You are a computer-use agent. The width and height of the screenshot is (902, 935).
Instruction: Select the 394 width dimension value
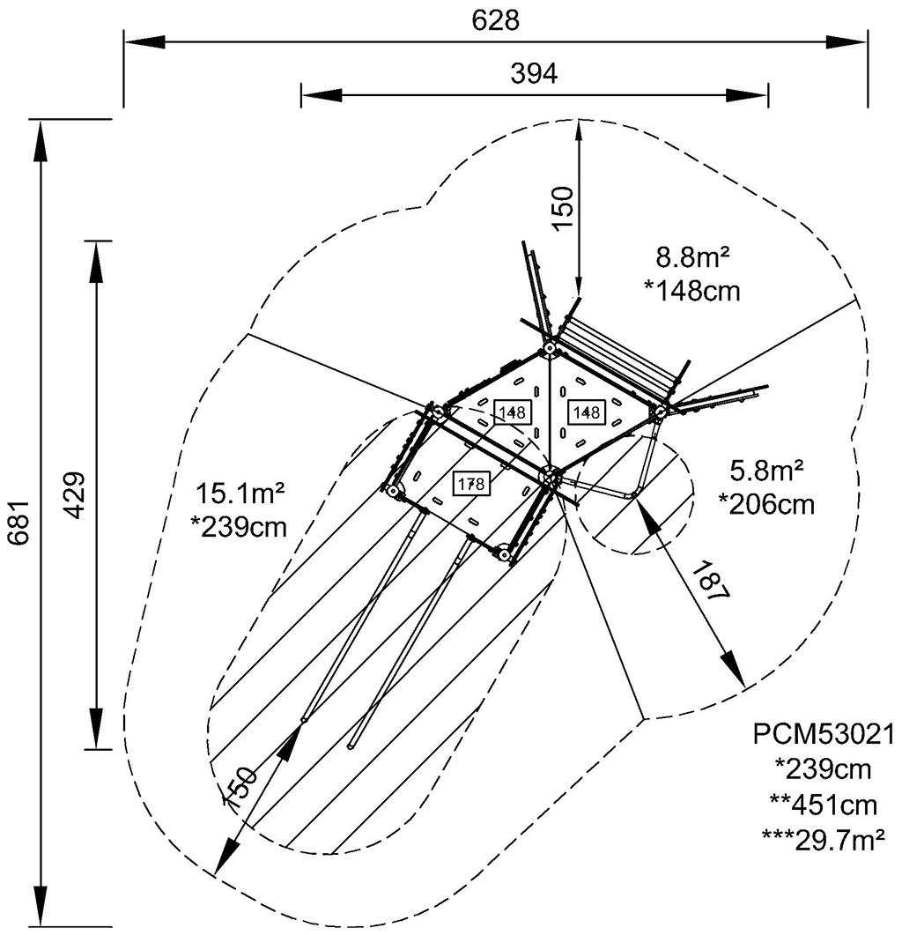point(534,75)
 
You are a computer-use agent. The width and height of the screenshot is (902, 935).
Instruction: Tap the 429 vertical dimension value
point(76,495)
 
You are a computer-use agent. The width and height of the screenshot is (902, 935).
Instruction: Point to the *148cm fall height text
point(691,290)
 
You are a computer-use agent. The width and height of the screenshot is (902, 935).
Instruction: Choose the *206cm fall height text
point(766,505)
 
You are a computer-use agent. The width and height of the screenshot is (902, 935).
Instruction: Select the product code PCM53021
point(824,734)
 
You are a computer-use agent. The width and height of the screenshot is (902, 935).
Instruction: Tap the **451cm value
point(824,805)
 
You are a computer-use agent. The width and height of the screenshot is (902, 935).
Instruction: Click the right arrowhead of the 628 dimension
point(854,41)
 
